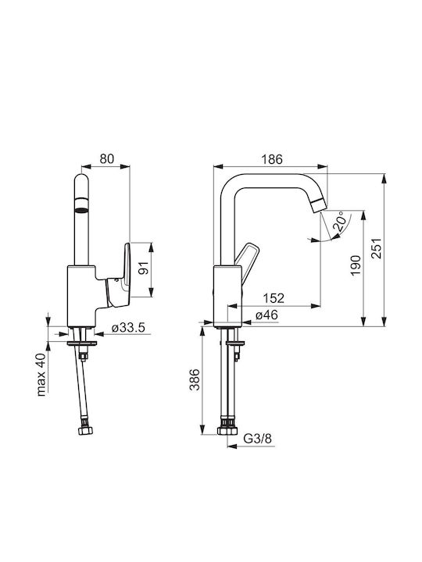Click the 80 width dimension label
click(106, 158)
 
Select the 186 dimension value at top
click(273, 159)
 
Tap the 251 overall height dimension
click(376, 248)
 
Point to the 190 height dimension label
click(356, 265)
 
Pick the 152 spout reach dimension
click(274, 298)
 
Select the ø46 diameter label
click(266, 315)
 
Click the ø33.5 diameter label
click(128, 327)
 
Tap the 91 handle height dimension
click(143, 268)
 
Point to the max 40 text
click(41, 375)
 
